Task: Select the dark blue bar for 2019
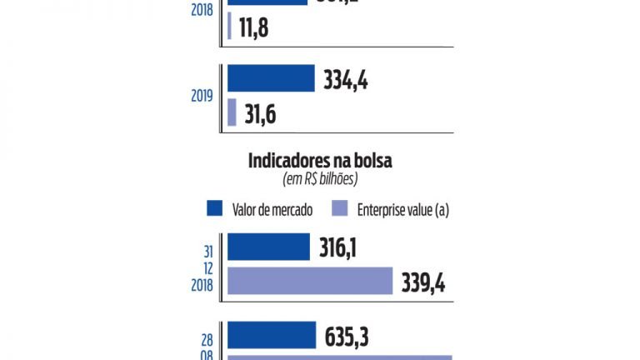(271, 79)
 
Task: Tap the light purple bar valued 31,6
(232, 112)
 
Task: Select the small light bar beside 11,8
(229, 25)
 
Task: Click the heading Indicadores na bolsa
(320, 161)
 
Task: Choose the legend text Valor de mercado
(272, 209)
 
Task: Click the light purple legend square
(340, 209)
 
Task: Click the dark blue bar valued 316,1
(268, 247)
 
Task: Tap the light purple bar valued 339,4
(309, 281)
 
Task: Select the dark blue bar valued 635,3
(271, 335)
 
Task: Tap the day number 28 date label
(207, 337)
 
